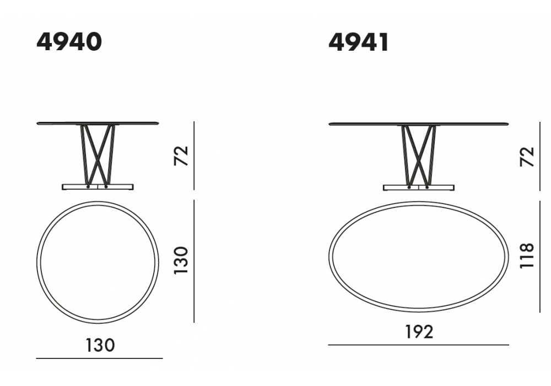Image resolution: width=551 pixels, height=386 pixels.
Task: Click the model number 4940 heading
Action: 69,42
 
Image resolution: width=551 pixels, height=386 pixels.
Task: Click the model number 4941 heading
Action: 359,42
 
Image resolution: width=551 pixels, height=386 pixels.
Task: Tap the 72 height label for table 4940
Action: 182,156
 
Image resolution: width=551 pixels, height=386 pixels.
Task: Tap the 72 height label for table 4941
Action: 527,157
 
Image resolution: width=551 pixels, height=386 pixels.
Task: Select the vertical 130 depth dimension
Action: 182,260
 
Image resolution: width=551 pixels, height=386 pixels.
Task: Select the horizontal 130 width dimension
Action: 100,345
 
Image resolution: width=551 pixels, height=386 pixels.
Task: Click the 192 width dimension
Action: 419,331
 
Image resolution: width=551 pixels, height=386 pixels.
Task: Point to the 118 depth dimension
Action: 527,255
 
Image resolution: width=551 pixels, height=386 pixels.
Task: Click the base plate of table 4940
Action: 98,186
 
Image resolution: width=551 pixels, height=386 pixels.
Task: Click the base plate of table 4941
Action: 419,187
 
